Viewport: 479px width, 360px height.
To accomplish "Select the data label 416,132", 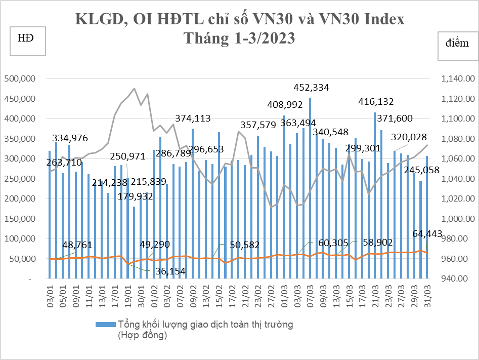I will (376, 102).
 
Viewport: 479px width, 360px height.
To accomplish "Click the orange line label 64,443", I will (427, 234).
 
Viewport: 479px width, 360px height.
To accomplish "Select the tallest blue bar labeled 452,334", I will (310, 188).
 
